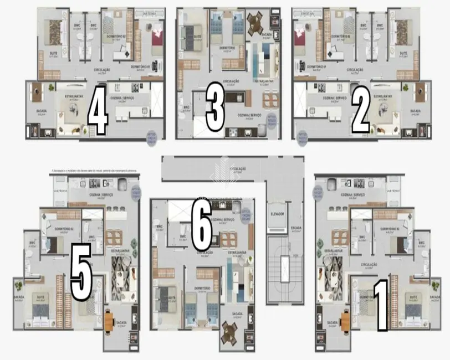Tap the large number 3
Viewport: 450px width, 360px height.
(x=214, y=109)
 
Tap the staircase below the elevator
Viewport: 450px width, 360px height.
(x=283, y=269)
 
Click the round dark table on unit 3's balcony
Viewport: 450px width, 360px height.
(x=257, y=22)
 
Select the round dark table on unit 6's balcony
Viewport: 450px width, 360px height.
(x=229, y=333)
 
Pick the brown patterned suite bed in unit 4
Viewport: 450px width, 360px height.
(x=54, y=30)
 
